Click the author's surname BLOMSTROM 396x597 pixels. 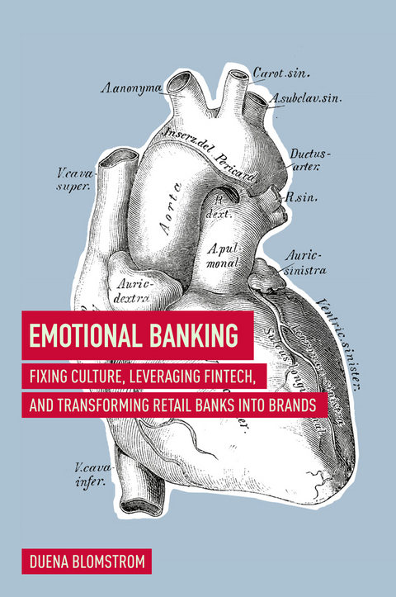(112, 563)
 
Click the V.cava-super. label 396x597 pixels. (75, 179)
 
